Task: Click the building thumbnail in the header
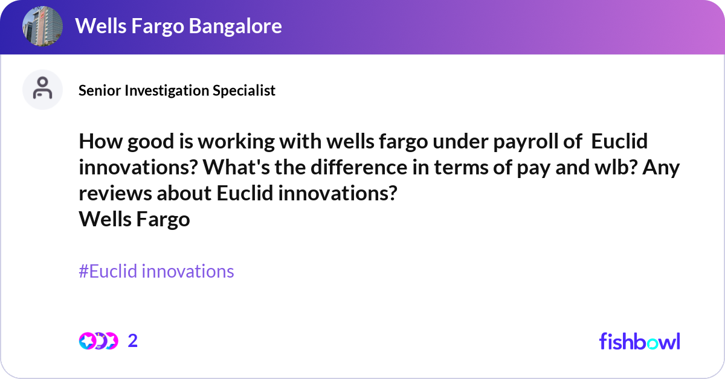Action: click(42, 26)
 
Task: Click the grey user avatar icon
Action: click(42, 89)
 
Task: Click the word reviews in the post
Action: click(113, 194)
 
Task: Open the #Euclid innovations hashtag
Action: click(156, 272)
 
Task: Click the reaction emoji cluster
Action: click(98, 341)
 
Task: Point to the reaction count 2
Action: click(133, 341)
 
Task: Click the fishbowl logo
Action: click(639, 341)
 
